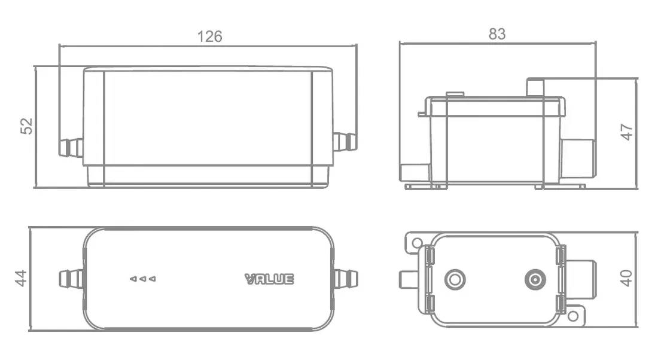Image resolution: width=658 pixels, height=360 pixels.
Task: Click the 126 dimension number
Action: [209, 36]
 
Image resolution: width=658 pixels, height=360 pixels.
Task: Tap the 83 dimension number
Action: [497, 34]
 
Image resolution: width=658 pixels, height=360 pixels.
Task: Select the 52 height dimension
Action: [26, 126]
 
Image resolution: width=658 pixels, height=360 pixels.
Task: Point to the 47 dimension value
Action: [626, 132]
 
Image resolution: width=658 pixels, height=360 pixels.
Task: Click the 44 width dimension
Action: [21, 278]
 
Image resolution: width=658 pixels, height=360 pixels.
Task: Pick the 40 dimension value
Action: [626, 277]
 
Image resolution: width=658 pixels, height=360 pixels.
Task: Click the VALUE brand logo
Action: [269, 279]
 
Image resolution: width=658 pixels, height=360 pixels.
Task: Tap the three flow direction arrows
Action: [143, 279]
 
